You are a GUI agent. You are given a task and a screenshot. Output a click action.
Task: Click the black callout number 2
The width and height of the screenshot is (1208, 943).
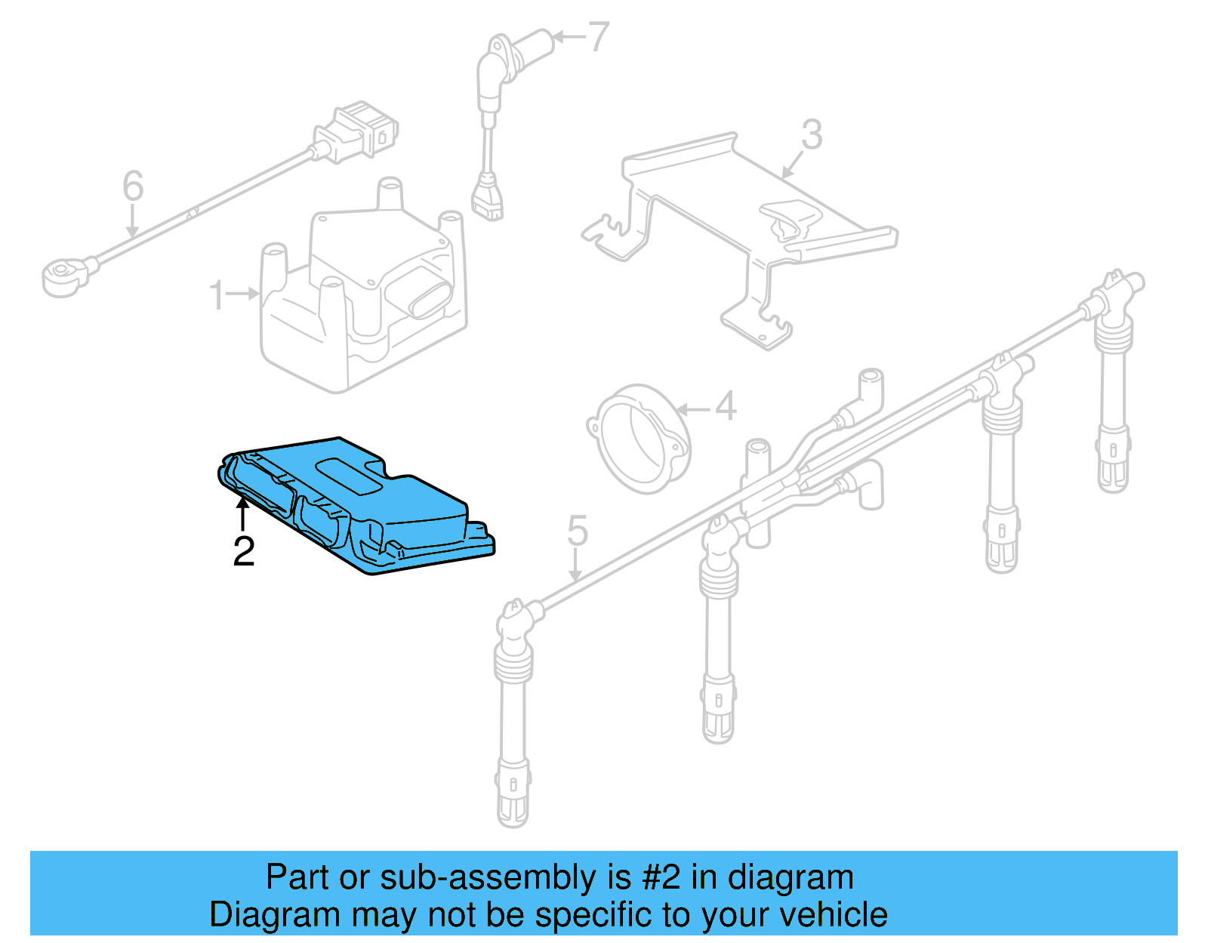pos(243,552)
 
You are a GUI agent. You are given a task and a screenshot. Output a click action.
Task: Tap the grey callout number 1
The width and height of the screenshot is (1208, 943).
pos(217,295)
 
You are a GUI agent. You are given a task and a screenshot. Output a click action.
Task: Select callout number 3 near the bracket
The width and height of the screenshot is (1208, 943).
pos(811,135)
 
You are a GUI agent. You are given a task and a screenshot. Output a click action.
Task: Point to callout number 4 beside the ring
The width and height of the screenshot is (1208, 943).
pos(725,407)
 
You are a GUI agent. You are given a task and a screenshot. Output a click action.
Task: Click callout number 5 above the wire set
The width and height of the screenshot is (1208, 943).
pos(577,532)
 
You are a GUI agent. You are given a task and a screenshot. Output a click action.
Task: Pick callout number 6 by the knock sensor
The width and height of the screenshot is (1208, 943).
pos(133,186)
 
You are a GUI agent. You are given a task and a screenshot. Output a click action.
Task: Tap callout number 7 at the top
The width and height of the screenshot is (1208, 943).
pos(598,36)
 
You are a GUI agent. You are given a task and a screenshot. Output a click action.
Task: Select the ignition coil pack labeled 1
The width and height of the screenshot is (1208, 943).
pos(362,302)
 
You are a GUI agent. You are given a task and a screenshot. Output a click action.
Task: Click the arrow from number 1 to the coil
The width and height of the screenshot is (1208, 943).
pos(243,294)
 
